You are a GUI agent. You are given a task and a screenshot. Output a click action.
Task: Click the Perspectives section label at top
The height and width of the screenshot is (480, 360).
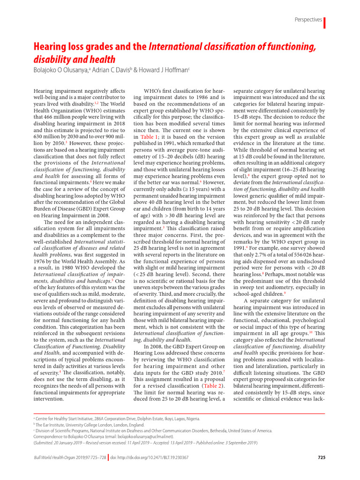click(308, 20)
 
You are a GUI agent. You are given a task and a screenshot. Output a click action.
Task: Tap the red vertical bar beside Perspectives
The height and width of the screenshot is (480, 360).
click(325, 22)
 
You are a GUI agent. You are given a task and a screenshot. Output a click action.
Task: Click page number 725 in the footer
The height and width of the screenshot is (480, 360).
click(322, 457)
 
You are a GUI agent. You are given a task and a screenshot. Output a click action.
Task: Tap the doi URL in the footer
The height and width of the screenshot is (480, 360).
click(150, 457)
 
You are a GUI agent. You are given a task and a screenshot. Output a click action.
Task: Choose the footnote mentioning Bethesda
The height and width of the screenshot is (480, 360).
click(155, 430)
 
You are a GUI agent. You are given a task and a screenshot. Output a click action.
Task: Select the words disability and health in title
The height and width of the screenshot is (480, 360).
click(74, 59)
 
